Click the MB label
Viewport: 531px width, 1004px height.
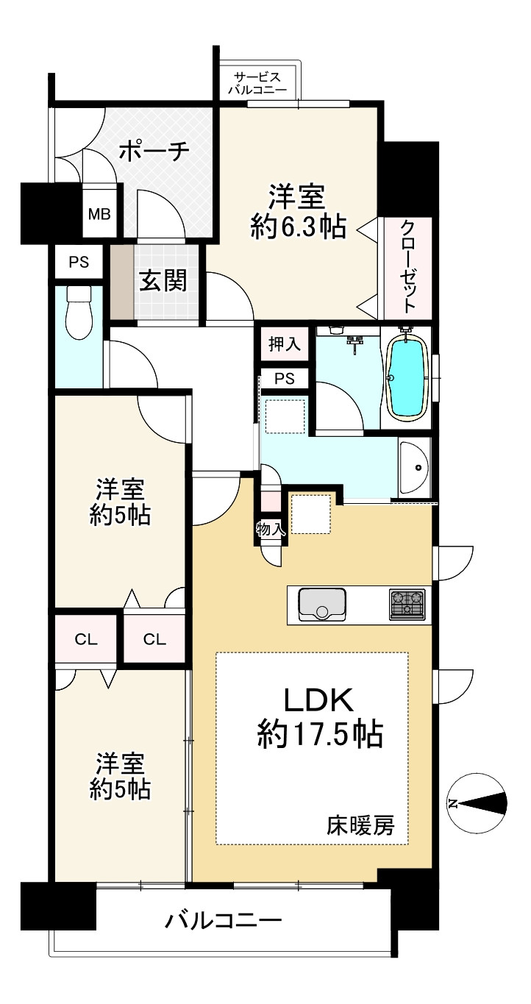(99, 214)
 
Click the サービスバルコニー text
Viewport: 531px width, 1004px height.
(257, 84)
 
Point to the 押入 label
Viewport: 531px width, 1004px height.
(285, 345)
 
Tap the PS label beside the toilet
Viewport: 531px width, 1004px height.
(79, 262)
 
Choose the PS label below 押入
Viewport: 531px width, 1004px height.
(285, 379)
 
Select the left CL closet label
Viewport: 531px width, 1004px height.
(85, 640)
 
